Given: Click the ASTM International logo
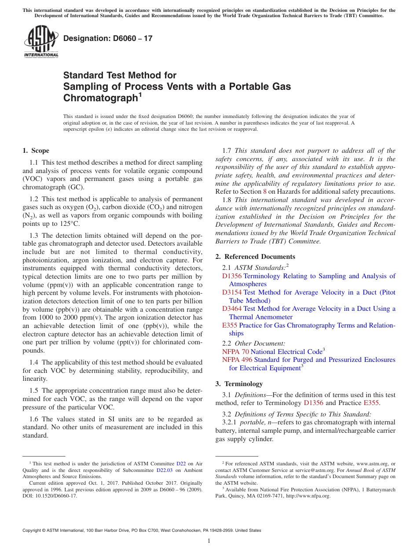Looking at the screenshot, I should click(x=41, y=42).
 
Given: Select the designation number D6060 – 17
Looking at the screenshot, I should click(x=108, y=38).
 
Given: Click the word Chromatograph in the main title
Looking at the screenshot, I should click(x=100, y=98).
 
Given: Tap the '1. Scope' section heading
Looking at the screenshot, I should click(x=36, y=151).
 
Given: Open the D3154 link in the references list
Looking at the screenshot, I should click(x=232, y=292).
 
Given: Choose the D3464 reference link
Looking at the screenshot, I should click(x=232, y=309).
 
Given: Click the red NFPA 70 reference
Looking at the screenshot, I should click(x=235, y=352).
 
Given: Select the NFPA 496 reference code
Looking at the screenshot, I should click(x=237, y=360).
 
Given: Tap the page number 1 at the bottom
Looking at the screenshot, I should click(x=209, y=541).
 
